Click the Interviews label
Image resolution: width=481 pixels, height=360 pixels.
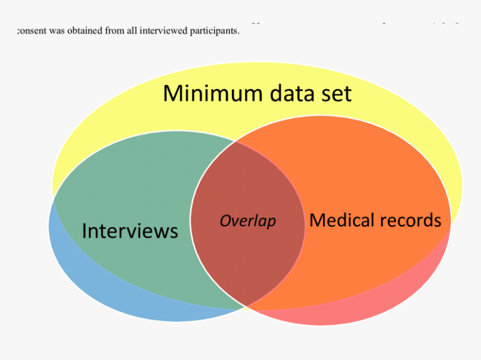tap(130, 231)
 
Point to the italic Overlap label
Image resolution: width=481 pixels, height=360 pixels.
tap(248, 221)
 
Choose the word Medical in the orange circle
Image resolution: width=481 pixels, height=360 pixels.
tap(342, 220)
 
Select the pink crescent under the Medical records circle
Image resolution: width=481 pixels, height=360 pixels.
tap(358, 314)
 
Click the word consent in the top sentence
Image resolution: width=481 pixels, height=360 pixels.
tap(32, 31)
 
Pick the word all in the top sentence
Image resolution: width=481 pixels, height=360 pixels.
tap(133, 31)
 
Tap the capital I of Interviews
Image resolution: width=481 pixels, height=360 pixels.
tap(85, 231)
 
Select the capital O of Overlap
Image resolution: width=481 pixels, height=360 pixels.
tap(225, 221)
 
